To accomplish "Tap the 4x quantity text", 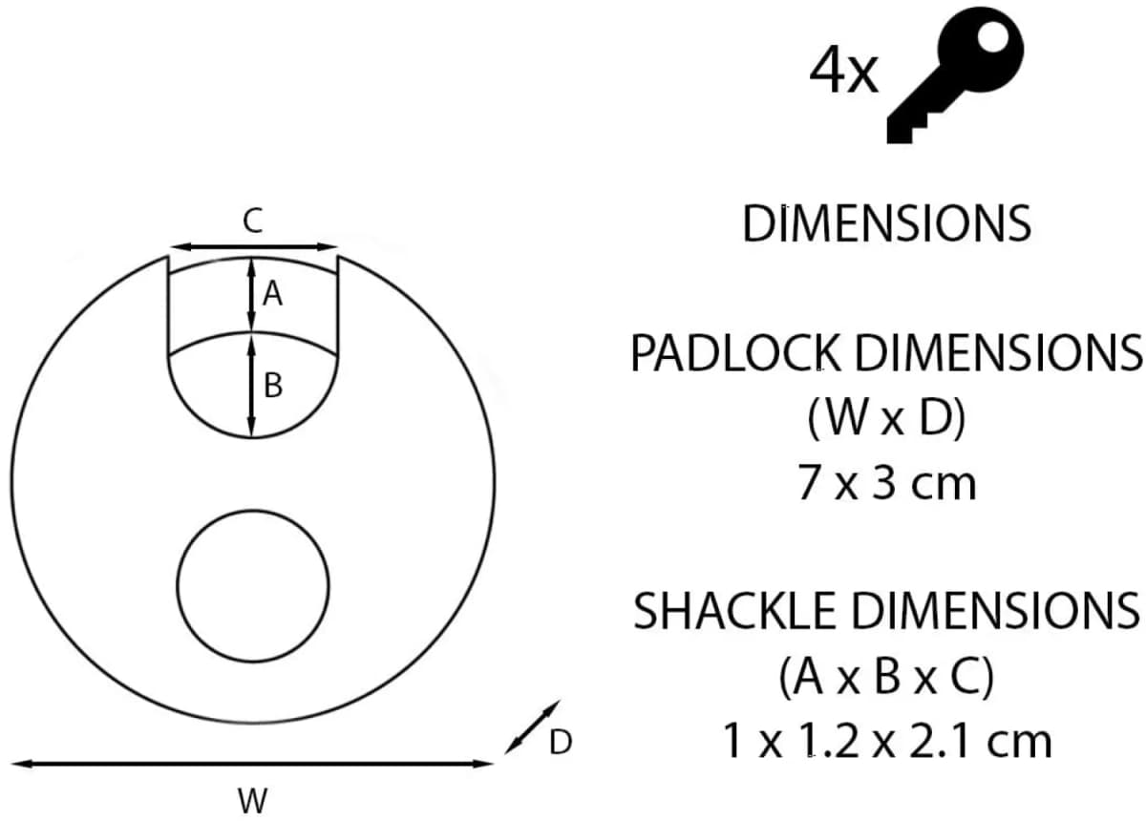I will coord(842,72).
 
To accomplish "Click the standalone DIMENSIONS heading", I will coord(886,223).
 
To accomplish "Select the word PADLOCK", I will coord(736,354).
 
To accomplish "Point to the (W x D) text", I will coord(886,420).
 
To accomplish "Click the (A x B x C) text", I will coord(886,678).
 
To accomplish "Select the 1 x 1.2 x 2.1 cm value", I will coord(886,742).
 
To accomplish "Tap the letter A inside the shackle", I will coord(273,297).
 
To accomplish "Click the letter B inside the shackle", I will coord(273,386).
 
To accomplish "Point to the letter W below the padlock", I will coord(252,800).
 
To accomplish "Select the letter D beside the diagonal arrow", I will coord(562,742).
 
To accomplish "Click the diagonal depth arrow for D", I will coord(532,726).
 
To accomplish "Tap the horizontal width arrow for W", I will coord(252,764).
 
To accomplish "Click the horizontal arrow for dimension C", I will coord(252,247).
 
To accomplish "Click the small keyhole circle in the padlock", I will coord(253,583).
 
